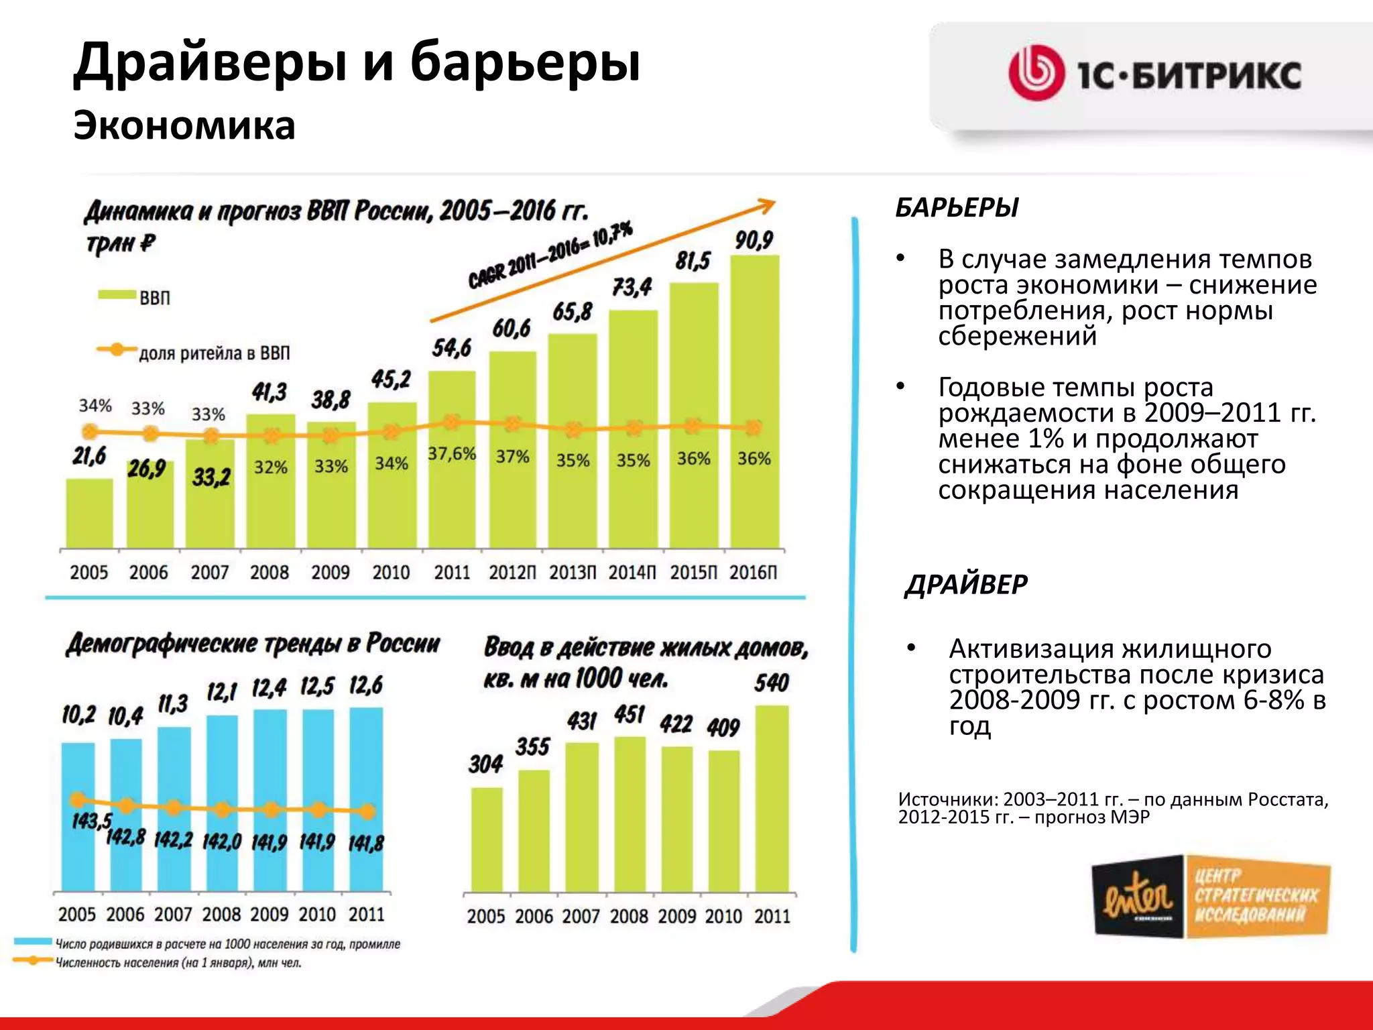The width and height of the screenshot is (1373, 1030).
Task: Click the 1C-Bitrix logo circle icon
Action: click(x=1036, y=74)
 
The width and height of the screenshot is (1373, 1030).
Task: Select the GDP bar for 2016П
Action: click(x=754, y=402)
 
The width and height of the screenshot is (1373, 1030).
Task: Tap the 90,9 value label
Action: click(x=754, y=240)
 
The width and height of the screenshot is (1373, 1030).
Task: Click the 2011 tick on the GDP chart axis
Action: click(x=452, y=573)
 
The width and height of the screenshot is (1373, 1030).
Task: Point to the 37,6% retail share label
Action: click(x=452, y=454)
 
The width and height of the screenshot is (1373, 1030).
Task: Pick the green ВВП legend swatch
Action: click(x=117, y=296)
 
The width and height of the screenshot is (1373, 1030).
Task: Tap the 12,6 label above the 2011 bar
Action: click(x=366, y=685)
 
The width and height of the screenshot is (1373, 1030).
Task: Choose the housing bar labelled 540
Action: click(x=772, y=798)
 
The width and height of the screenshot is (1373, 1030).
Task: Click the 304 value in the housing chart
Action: click(x=485, y=764)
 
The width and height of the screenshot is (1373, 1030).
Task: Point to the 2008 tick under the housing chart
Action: click(x=629, y=916)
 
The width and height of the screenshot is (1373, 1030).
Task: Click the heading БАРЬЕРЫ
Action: click(x=957, y=208)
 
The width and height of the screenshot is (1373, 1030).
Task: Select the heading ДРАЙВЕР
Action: click(x=966, y=585)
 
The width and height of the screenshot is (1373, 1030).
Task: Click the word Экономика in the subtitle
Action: click(x=184, y=125)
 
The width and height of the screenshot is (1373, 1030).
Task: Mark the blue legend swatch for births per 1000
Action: click(x=32, y=942)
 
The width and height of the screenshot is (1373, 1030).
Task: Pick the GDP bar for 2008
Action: click(x=270, y=481)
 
